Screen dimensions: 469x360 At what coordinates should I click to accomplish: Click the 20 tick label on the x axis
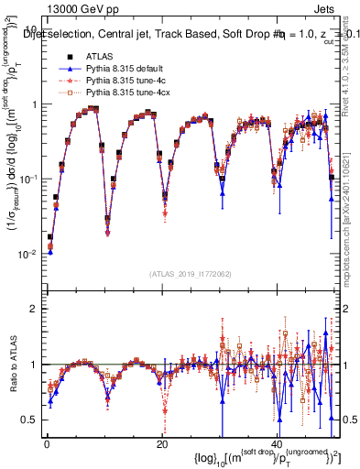161,441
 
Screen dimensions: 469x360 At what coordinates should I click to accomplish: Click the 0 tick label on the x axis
47,441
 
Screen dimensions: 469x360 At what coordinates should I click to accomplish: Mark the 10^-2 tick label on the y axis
27,254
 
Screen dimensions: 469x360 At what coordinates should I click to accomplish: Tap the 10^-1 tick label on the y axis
27,179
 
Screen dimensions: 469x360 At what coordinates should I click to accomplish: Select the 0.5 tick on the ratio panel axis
30,420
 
